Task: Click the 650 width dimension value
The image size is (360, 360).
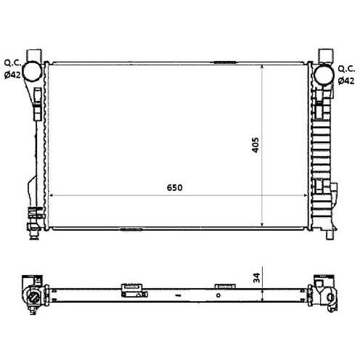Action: coord(174,187)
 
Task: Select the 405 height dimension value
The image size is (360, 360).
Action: coord(255,145)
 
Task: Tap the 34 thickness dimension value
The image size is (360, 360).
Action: coord(256,278)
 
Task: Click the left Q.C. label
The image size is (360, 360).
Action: coord(12,63)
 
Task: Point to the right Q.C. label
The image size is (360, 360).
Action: coord(346,69)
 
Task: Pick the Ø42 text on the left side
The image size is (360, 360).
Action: coord(12,75)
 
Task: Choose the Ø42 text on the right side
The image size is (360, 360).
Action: coord(346,81)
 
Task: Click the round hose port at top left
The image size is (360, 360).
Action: coord(33,71)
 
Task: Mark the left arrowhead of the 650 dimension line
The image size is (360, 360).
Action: coord(51,195)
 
